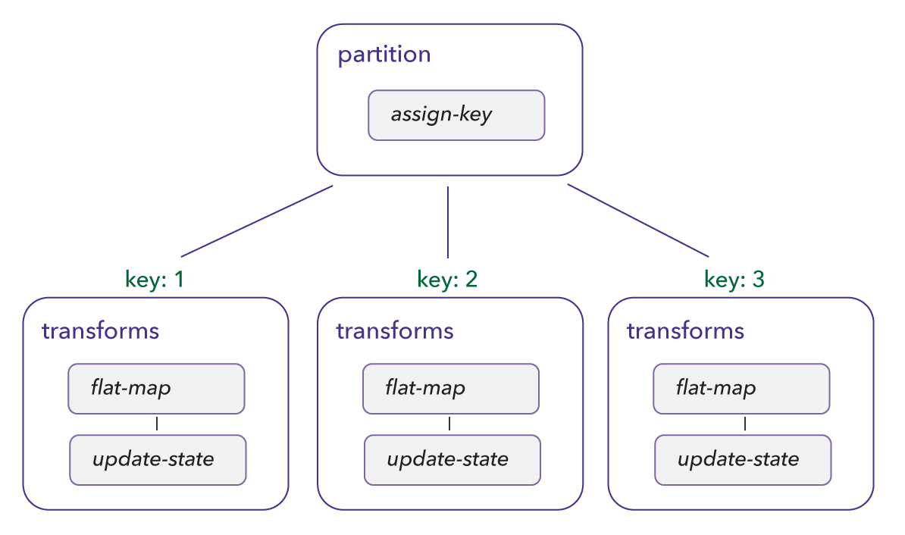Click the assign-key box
[456, 115]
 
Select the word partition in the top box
[384, 55]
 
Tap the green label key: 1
[155, 280]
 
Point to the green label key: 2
[447, 280]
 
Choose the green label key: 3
[734, 280]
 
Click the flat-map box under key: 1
[156, 389]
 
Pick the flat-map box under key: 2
[450, 389]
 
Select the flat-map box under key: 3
[741, 389]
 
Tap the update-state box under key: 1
[158, 459]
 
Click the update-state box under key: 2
[452, 459]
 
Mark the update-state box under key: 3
[743, 459]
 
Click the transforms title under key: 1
[100, 331]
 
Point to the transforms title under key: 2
[395, 331]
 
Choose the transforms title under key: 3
[685, 331]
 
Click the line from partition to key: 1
[257, 221]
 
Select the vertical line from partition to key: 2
[448, 222]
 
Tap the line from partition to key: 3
[638, 221]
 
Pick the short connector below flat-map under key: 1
[157, 424]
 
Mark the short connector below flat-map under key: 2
[450, 424]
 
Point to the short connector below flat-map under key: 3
[744, 424]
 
